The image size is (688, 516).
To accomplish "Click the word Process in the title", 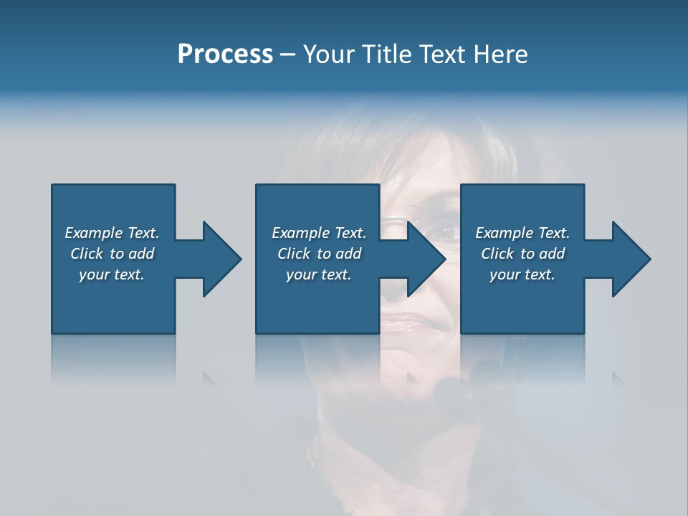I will pos(225,54).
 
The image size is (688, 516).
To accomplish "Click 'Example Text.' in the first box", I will pos(112,233).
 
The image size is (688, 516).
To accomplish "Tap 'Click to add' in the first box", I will pos(112,254).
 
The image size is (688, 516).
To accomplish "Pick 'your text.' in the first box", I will pos(112,274).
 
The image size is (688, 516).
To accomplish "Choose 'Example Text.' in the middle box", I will pos(319,233).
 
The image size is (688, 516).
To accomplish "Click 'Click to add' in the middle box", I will pos(319,254).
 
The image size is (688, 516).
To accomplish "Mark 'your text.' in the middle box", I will pos(319,274).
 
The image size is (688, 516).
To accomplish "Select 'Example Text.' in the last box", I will pos(522,233).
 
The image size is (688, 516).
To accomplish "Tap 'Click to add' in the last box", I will pos(522,254).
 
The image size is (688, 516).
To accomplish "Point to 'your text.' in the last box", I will pos(522,274).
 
